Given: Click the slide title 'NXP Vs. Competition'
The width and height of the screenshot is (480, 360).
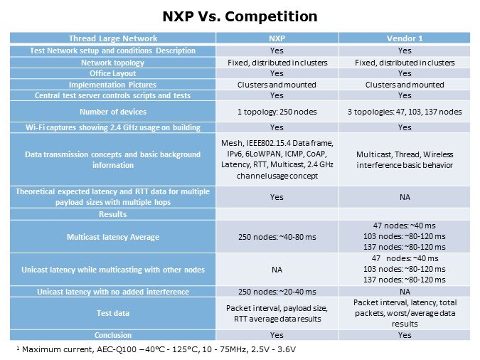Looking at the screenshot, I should point(240,16).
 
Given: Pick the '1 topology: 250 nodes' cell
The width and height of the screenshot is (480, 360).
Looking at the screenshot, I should point(277,111).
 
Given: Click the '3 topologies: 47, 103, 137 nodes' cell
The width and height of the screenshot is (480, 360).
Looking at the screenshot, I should point(405,111).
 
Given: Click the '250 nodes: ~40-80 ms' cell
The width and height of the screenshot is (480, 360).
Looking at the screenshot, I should point(277,236).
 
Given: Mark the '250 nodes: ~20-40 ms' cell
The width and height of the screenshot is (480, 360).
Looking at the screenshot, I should point(277,292).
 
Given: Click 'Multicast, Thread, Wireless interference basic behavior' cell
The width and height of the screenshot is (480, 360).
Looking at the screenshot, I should point(405,160).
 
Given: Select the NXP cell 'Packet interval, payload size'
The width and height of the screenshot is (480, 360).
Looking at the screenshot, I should point(277,313).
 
